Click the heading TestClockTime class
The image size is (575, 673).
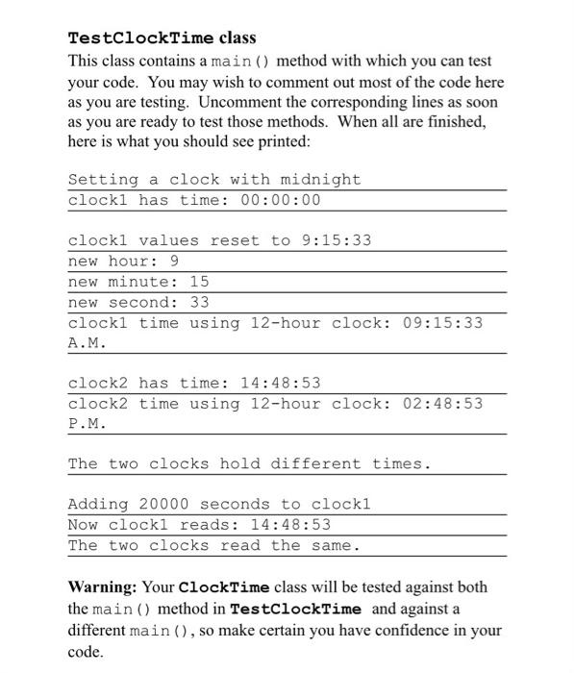pyautogui.click(x=162, y=38)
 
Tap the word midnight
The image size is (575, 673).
pyautogui.click(x=320, y=180)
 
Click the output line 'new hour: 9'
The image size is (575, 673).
pyautogui.click(x=123, y=261)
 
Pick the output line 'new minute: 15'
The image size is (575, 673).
pyautogui.click(x=138, y=282)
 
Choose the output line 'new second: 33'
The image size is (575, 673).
pyautogui.click(x=138, y=302)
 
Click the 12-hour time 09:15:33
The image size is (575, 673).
pyautogui.click(x=442, y=322)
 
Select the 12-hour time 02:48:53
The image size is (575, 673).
pyautogui.click(x=442, y=403)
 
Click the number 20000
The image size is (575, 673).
pyautogui.click(x=163, y=504)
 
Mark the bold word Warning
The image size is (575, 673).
pyautogui.click(x=103, y=586)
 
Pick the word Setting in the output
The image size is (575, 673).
pyautogui.click(x=103, y=180)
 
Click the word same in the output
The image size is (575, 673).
pyautogui.click(x=336, y=545)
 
